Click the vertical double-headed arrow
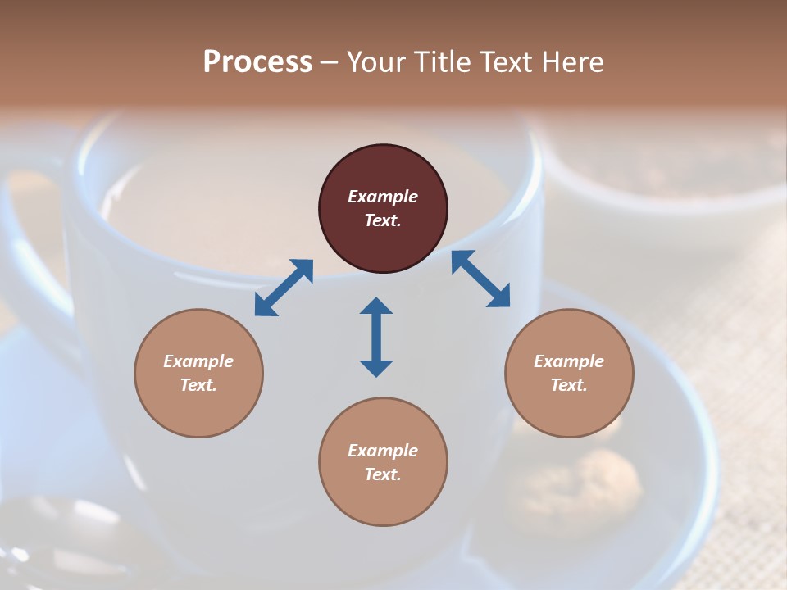point(376,337)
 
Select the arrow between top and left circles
point(284,288)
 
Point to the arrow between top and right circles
point(480,279)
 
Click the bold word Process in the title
point(257,61)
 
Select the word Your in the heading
point(375,61)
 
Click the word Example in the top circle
point(383,197)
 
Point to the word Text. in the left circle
point(198,385)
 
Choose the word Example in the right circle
point(569,361)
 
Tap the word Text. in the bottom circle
point(383,474)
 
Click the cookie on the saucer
point(607,483)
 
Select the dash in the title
point(329,62)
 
